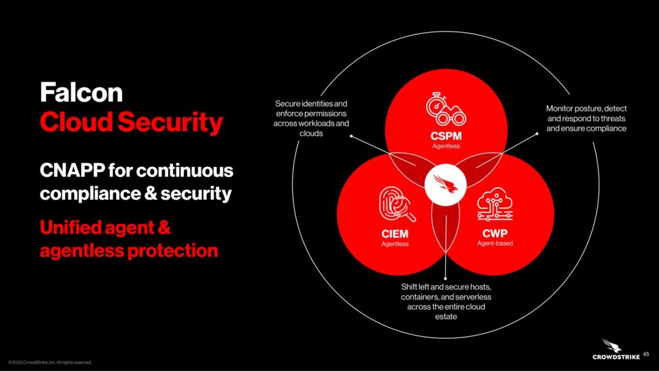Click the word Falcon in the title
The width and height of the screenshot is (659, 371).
[81, 92]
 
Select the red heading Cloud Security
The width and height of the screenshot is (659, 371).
[131, 122]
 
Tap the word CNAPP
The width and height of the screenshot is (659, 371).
[72, 170]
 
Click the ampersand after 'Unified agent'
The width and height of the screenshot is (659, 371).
[164, 227]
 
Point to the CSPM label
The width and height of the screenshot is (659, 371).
[446, 136]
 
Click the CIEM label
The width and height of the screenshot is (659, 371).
[394, 233]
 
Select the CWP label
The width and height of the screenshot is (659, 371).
[495, 233]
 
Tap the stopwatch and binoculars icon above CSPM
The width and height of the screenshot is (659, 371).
[445, 109]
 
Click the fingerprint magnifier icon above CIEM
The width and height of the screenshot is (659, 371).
[396, 204]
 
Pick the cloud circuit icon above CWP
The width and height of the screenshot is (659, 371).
[495, 204]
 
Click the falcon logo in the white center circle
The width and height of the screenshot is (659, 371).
[445, 185]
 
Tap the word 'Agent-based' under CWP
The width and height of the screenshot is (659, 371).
[495, 243]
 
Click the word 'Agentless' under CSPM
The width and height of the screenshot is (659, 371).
[446, 146]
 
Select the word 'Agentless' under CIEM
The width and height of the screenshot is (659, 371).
[394, 243]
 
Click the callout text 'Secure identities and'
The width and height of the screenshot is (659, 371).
[311, 104]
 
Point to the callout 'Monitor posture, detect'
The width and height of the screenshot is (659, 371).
[586, 108]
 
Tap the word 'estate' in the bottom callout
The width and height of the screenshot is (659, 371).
[446, 317]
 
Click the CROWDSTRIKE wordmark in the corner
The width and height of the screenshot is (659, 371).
[616, 357]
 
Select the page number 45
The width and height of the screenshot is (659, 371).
[646, 354]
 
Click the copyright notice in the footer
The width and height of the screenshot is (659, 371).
[50, 362]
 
